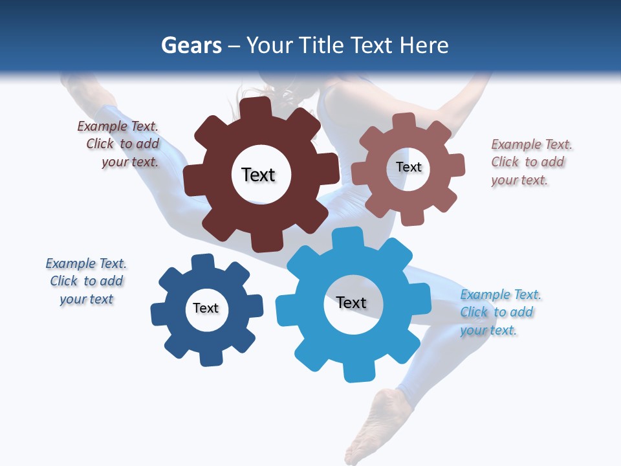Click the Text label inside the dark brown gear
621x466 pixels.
point(258,175)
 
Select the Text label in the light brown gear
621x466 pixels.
point(408,167)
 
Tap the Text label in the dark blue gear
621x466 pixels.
point(206,309)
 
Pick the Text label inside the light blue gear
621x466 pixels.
point(351,303)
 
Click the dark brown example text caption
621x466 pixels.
point(119,144)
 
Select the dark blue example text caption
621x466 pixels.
point(86,282)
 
